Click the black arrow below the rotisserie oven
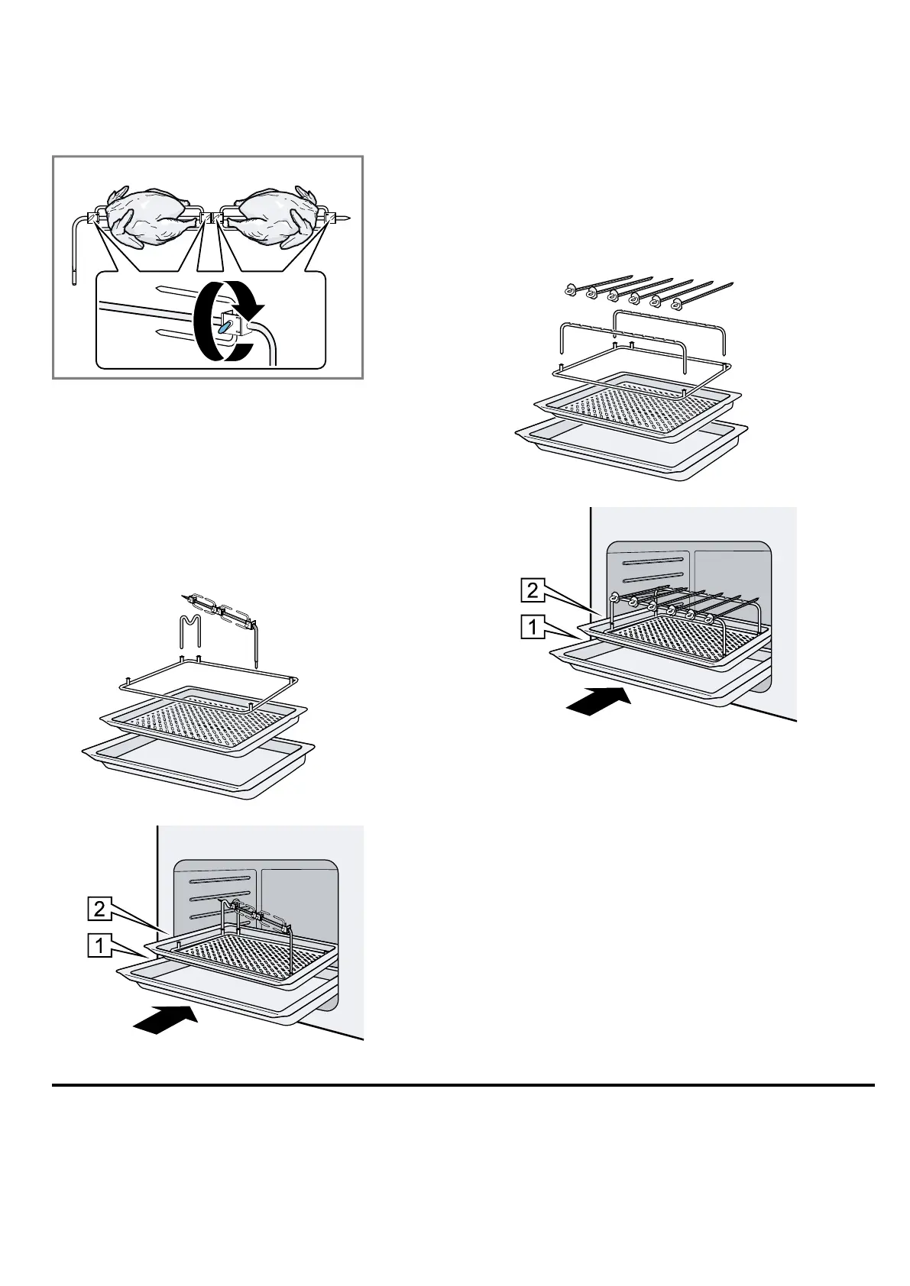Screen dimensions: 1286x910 click(x=165, y=1020)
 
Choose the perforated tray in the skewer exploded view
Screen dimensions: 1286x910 click(x=627, y=404)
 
